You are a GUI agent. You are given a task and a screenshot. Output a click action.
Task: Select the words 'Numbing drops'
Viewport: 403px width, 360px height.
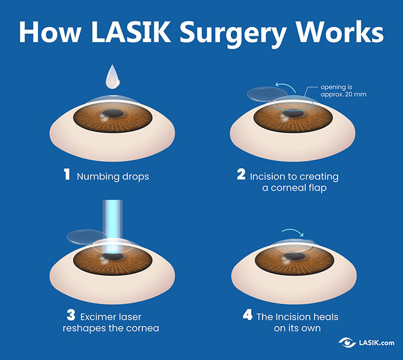pos(113,176)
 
